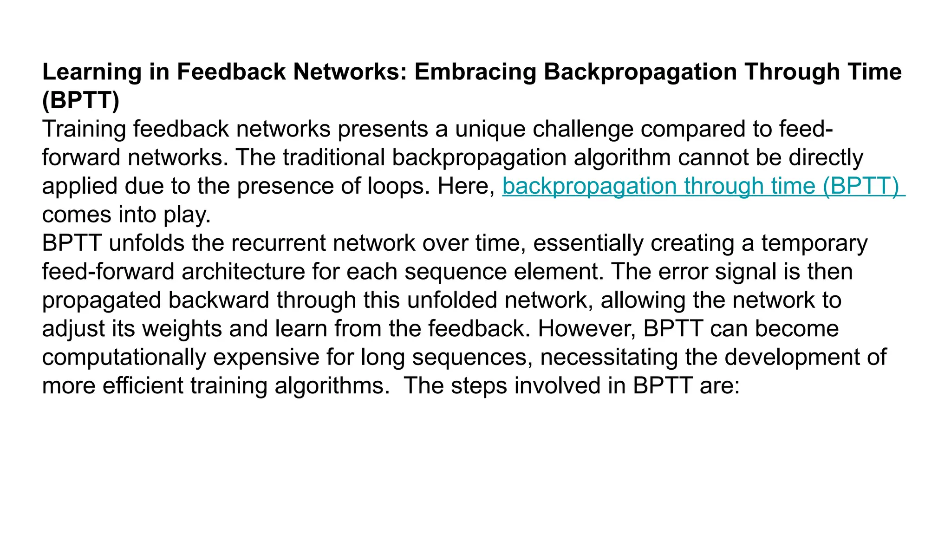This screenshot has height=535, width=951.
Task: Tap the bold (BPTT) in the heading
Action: click(x=80, y=100)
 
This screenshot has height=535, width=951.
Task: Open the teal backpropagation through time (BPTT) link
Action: click(x=703, y=186)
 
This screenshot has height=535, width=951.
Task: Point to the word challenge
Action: click(x=583, y=129)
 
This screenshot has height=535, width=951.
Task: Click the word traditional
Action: click(x=333, y=157)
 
